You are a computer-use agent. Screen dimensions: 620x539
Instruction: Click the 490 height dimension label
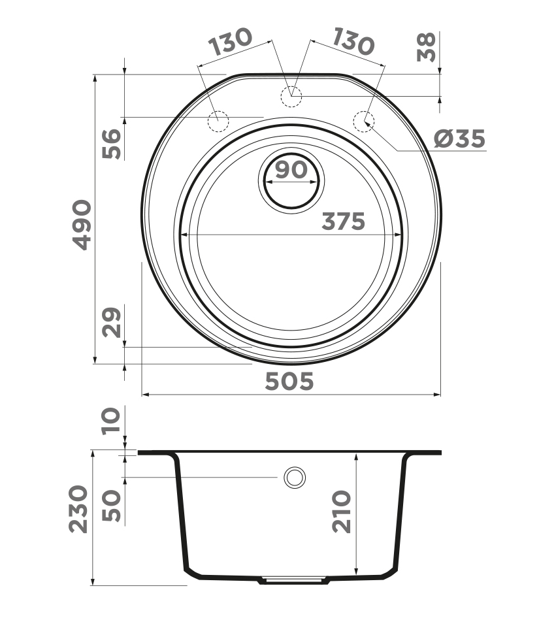click(x=82, y=224)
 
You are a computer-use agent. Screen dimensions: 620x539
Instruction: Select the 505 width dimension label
click(x=289, y=381)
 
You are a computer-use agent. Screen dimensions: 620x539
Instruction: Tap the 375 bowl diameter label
click(x=343, y=221)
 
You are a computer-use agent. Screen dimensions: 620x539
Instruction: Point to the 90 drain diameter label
click(x=291, y=170)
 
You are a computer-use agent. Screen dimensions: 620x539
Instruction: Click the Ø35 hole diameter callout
click(x=460, y=139)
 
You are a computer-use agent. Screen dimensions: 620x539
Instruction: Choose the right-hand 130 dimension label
click(x=353, y=41)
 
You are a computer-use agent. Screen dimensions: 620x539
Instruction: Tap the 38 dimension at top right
click(x=427, y=46)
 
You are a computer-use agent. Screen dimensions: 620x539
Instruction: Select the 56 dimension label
click(x=112, y=144)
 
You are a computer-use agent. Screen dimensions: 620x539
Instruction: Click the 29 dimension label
click(x=112, y=322)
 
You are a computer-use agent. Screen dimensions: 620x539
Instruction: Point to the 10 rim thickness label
click(x=112, y=421)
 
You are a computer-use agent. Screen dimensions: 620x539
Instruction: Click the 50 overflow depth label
click(x=112, y=505)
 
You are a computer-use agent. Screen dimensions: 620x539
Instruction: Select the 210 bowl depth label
click(x=341, y=512)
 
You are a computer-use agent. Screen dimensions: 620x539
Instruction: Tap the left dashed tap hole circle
click(x=218, y=121)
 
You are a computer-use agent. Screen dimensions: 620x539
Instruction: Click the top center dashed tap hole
click(x=291, y=97)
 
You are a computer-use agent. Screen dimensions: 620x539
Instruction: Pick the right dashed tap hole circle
click(x=364, y=121)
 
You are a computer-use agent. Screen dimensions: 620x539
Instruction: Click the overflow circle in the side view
click(x=295, y=478)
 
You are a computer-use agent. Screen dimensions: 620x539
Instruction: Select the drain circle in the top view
click(x=291, y=181)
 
